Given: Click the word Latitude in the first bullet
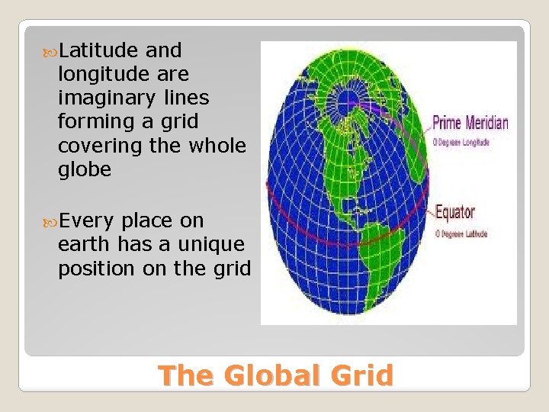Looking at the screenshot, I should [98, 51].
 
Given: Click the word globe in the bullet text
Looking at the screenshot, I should [84, 169].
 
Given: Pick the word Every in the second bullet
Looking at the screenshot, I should [87, 221].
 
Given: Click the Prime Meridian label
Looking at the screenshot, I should [470, 122].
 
